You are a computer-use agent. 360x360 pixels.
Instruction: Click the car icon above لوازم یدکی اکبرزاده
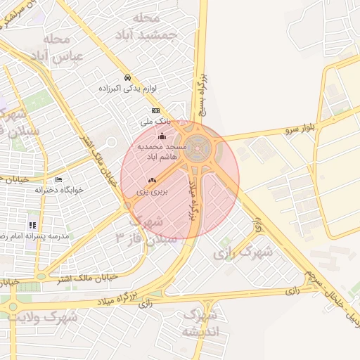(x=127, y=77)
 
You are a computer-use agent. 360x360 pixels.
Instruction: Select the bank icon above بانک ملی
(x=155, y=110)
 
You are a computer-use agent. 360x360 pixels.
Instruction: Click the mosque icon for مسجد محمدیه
(x=163, y=136)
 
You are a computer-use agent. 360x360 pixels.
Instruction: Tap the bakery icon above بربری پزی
(x=152, y=181)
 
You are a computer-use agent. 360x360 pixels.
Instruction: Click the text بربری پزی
(x=150, y=191)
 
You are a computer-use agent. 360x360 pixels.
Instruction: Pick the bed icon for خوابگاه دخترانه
(x=58, y=179)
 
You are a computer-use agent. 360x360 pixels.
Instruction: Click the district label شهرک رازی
(x=245, y=251)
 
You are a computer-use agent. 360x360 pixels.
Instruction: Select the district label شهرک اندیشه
(x=200, y=323)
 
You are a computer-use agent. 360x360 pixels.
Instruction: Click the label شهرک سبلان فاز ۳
(x=138, y=231)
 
